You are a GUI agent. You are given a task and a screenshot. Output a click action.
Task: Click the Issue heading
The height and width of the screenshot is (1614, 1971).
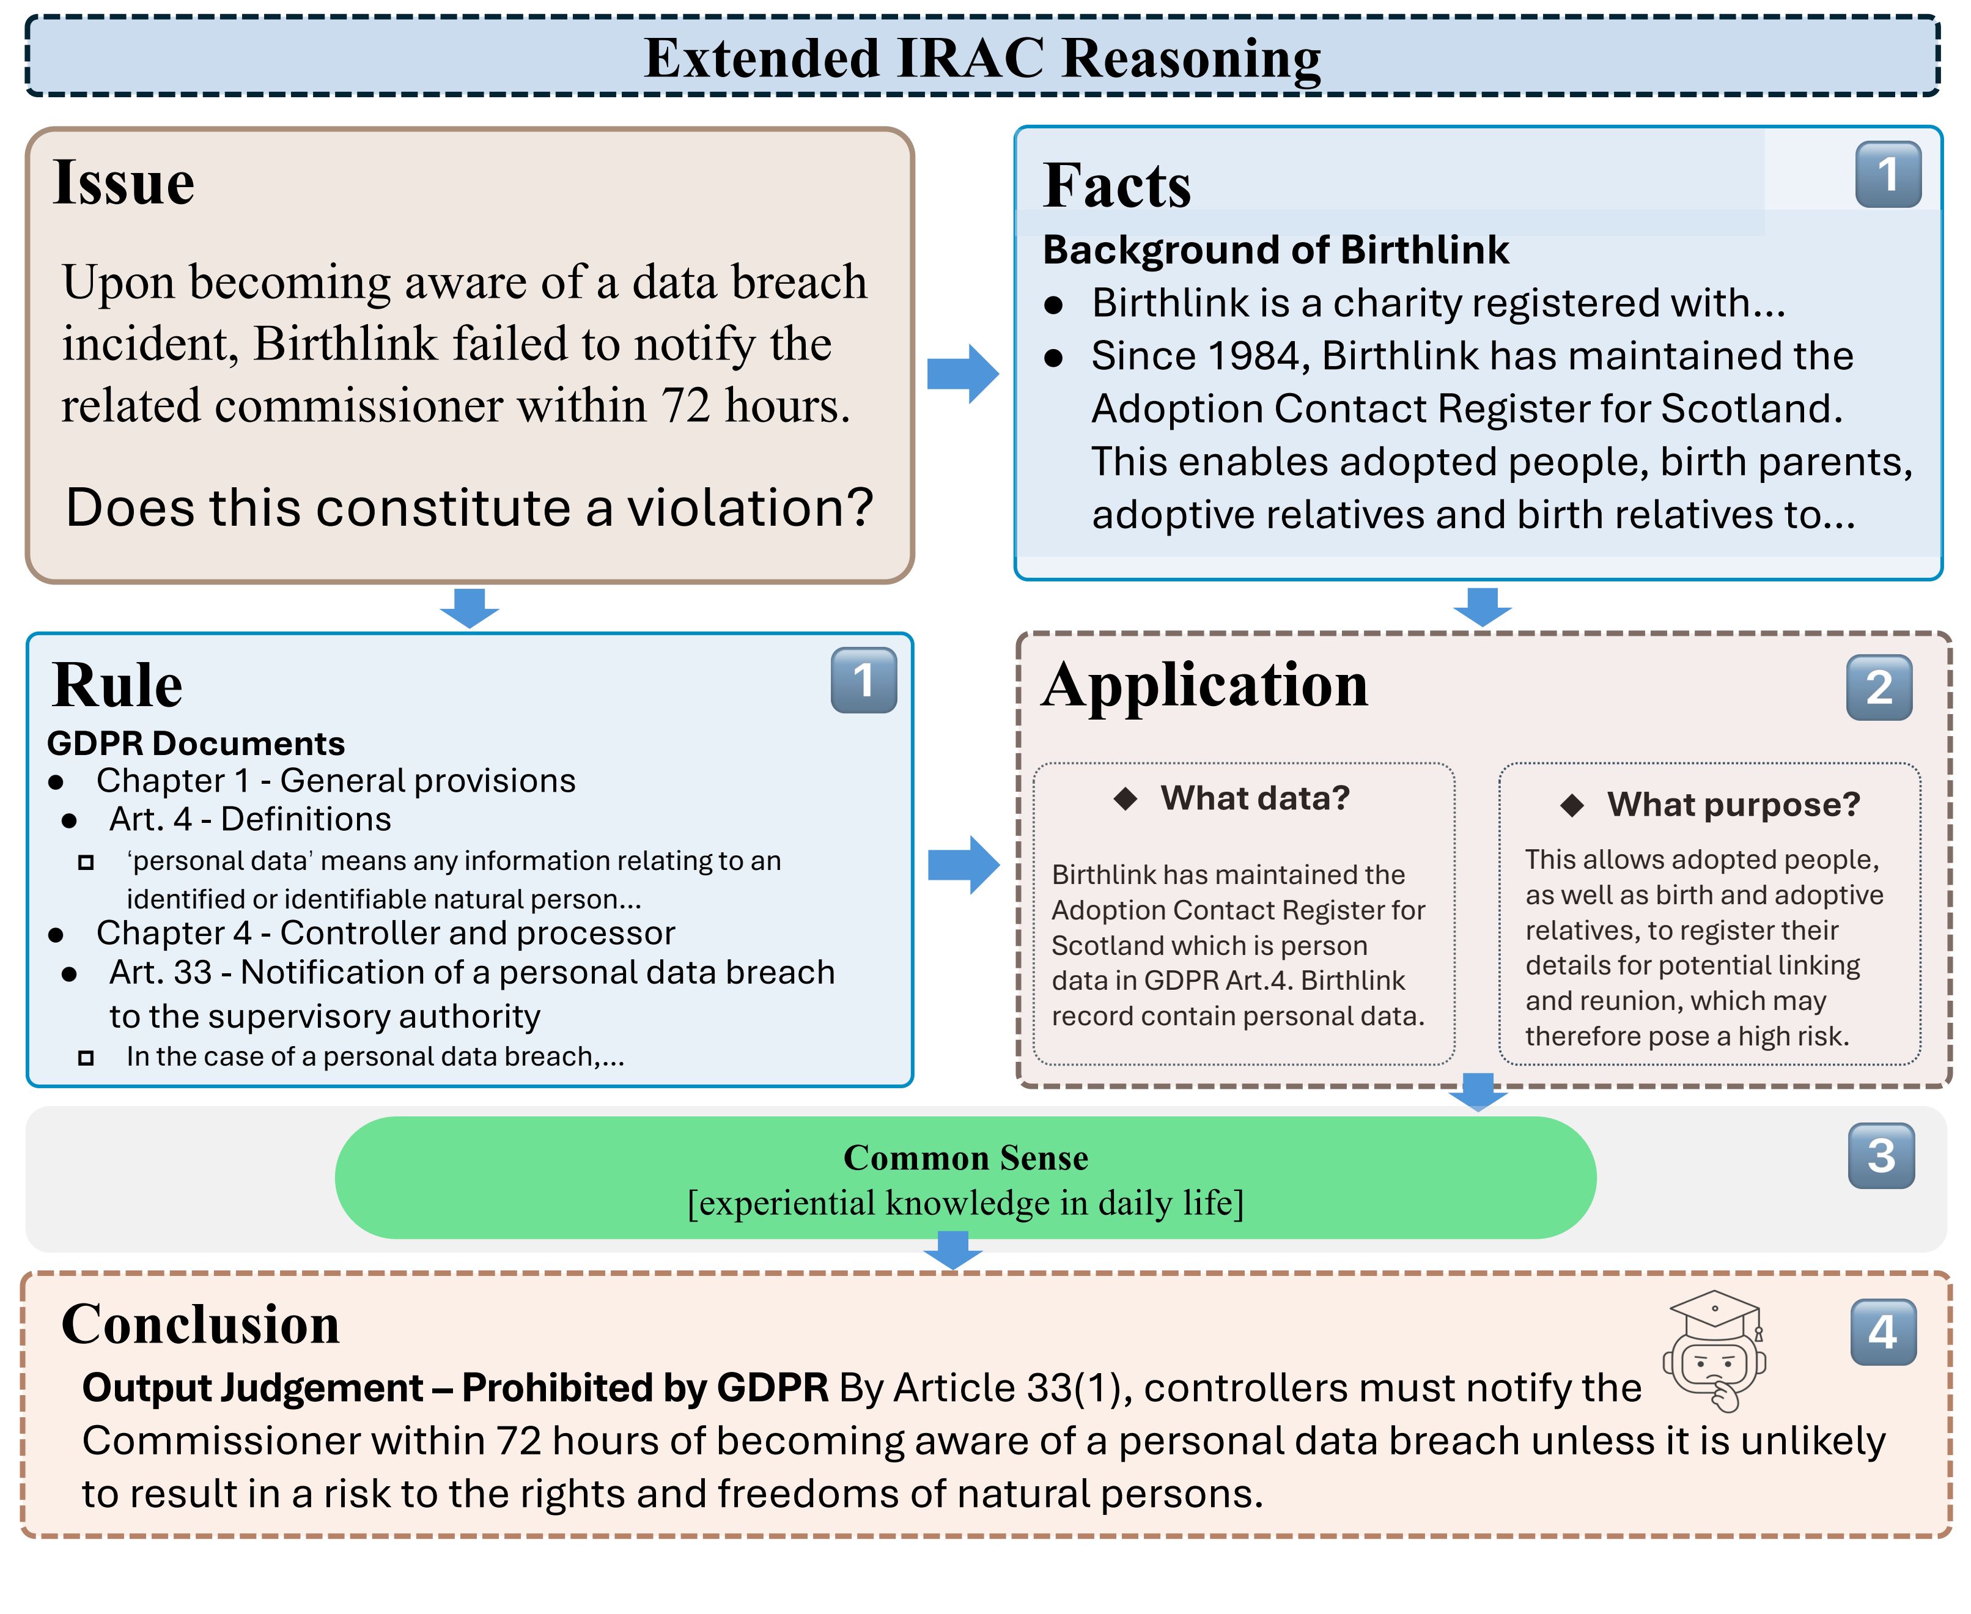click(123, 182)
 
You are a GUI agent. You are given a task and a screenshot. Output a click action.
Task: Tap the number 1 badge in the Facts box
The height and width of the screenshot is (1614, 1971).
click(1888, 175)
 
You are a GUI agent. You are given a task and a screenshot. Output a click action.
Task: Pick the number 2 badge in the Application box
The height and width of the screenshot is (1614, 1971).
click(1879, 688)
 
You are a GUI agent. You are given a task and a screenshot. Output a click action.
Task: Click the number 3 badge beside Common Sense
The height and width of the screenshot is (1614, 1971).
click(1881, 1155)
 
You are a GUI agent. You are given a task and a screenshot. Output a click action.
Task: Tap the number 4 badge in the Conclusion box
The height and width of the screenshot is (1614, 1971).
click(1884, 1332)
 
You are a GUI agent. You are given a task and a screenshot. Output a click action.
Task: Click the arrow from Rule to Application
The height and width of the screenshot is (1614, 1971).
click(964, 864)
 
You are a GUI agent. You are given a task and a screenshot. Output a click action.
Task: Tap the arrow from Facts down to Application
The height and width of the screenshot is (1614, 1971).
click(1482, 607)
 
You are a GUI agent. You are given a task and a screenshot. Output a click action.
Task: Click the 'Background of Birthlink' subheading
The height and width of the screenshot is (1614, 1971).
click(1275, 250)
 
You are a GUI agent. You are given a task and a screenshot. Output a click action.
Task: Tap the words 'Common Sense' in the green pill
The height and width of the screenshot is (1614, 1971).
click(965, 1157)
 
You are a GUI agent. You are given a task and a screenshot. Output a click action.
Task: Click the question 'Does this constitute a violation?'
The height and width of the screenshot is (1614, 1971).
click(470, 507)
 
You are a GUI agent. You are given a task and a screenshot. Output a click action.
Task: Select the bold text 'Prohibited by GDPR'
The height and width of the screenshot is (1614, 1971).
click(644, 1388)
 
